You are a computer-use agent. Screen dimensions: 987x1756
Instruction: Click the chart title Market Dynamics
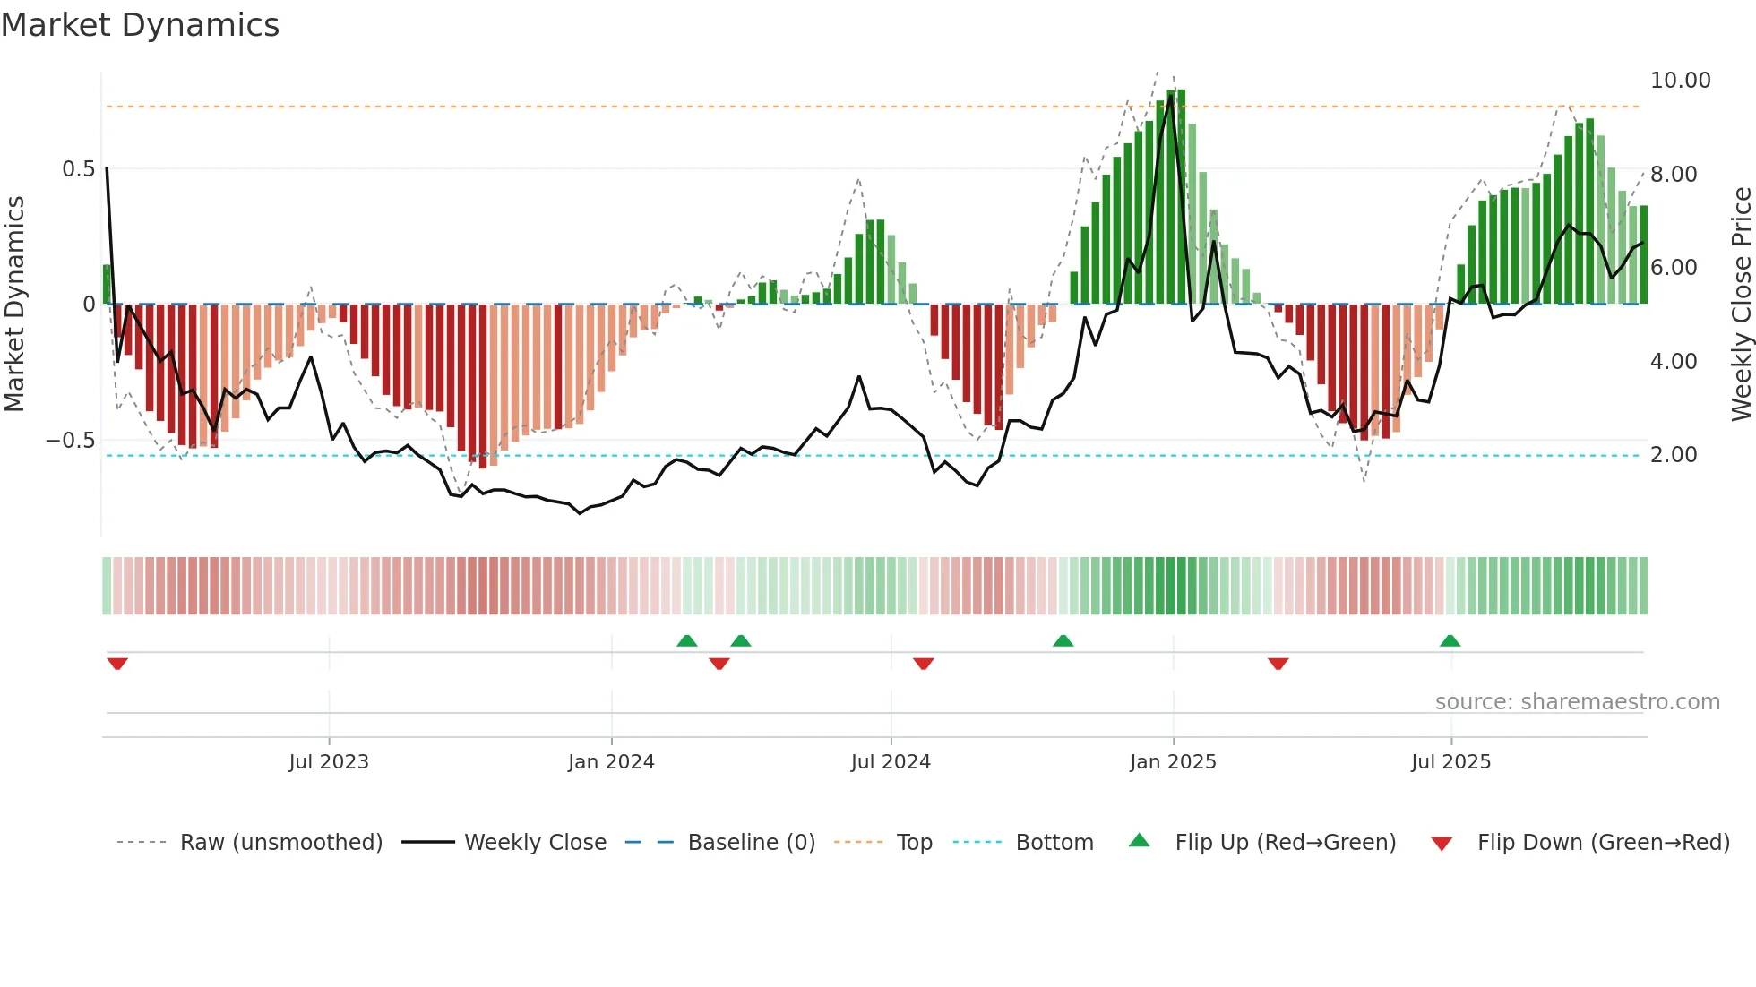pyautogui.click(x=140, y=25)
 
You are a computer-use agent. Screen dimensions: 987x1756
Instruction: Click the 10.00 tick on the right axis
pyautogui.click(x=1680, y=81)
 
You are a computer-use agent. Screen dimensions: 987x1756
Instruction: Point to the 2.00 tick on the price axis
pyautogui.click(x=1673, y=455)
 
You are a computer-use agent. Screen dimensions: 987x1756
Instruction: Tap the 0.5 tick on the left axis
pyautogui.click(x=78, y=169)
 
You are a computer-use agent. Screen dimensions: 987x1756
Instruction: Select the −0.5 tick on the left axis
pyautogui.click(x=70, y=441)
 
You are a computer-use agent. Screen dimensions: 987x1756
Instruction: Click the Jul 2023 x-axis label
pyautogui.click(x=329, y=762)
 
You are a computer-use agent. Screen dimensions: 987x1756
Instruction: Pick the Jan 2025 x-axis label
pyautogui.click(x=1173, y=762)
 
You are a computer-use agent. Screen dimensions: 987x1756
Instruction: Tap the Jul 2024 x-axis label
pyautogui.click(x=891, y=762)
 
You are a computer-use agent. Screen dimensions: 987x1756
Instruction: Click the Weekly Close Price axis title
pyautogui.click(x=1741, y=304)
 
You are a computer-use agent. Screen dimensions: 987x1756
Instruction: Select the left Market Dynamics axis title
pyautogui.click(x=14, y=304)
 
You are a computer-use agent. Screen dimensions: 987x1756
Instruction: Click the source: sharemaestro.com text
pyautogui.click(x=1577, y=702)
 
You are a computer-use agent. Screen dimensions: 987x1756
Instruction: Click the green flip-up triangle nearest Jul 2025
pyautogui.click(x=1450, y=640)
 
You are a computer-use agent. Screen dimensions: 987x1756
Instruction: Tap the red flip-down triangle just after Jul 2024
pyautogui.click(x=924, y=664)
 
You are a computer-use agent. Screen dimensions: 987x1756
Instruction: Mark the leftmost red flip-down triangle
pyautogui.click(x=117, y=664)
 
